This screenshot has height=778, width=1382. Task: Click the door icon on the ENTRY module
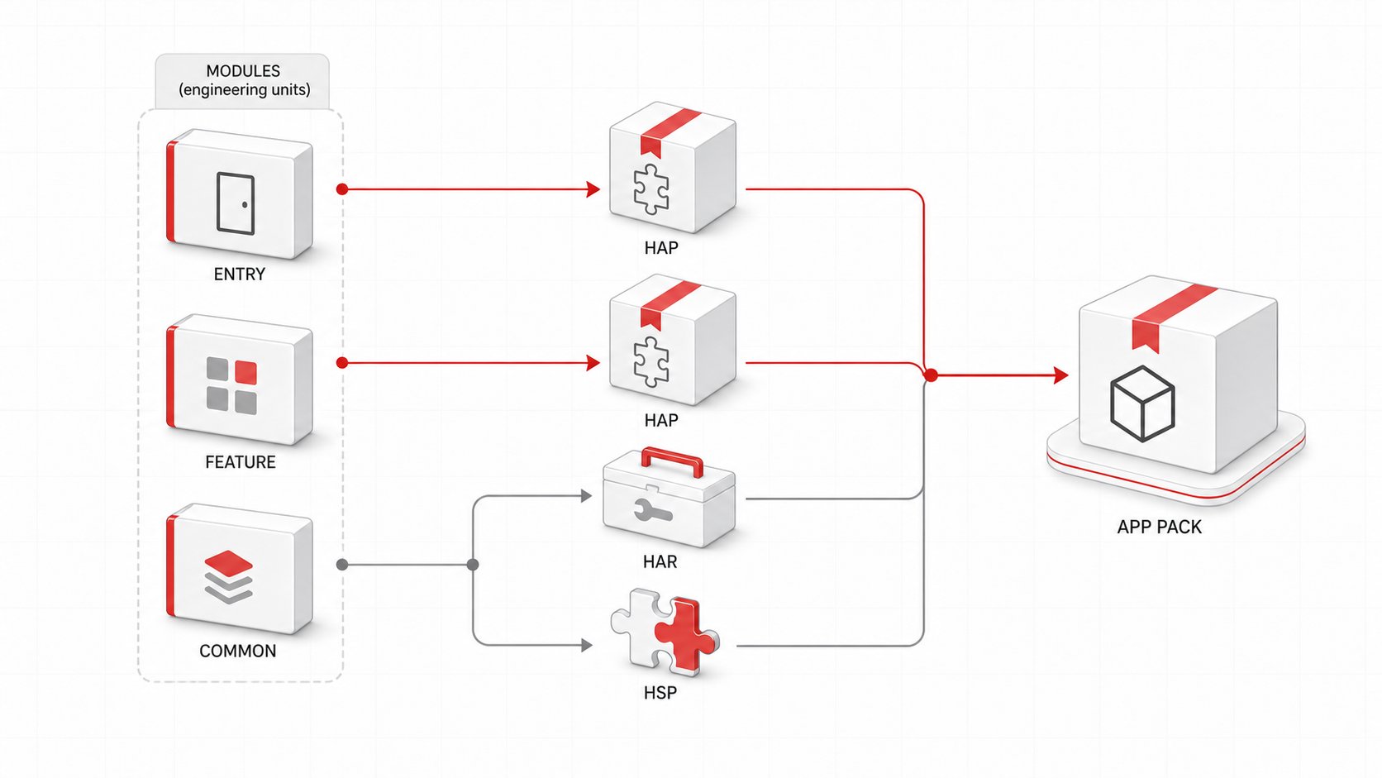(x=235, y=203)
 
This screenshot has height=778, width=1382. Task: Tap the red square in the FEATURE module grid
(x=245, y=373)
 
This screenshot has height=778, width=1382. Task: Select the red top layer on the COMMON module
(x=228, y=563)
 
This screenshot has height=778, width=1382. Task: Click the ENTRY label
(x=240, y=274)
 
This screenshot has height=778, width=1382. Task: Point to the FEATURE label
(x=240, y=462)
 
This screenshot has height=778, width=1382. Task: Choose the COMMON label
(x=237, y=651)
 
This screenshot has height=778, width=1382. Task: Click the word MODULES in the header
(x=243, y=71)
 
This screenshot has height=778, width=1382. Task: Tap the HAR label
(x=660, y=562)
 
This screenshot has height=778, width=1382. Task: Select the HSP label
(x=660, y=693)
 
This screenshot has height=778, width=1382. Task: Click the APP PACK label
(x=1160, y=527)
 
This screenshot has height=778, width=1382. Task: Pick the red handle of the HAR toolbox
(x=673, y=461)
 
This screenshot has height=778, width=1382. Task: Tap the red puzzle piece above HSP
(x=686, y=634)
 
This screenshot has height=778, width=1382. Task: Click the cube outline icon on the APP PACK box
(x=1142, y=403)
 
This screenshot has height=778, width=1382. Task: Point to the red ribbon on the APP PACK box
(x=1166, y=315)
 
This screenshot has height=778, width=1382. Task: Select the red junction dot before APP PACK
(x=931, y=375)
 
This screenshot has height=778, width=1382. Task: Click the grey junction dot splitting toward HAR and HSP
(x=473, y=565)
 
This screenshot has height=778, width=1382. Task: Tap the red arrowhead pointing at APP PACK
(x=1061, y=375)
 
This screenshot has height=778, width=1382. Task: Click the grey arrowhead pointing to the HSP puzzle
(x=587, y=646)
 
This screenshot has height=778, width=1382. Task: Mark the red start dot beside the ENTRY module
(x=342, y=189)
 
